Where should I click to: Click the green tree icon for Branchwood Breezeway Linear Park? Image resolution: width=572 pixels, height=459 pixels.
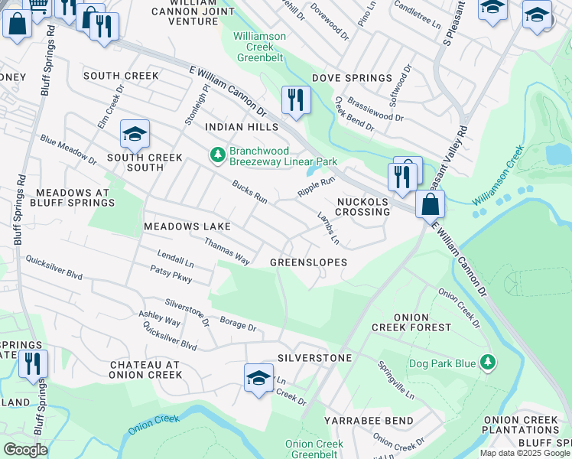(218, 155)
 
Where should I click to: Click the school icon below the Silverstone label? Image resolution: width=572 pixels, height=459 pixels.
(258, 378)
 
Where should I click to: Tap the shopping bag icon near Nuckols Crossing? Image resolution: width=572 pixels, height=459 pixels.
(431, 203)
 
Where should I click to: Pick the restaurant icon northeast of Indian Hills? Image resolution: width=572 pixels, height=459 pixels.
(294, 99)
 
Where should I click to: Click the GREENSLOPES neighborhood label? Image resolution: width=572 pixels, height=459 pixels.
(308, 262)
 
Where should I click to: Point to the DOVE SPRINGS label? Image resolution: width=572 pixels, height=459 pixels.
(357, 78)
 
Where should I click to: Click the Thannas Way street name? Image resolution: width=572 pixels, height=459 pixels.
(226, 251)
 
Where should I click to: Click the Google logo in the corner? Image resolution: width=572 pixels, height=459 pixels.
(25, 450)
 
